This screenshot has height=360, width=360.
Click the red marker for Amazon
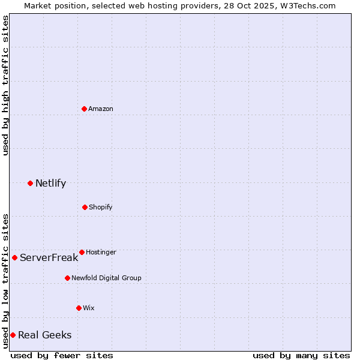(x=84, y=109)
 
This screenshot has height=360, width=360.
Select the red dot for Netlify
(x=30, y=183)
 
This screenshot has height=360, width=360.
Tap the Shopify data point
(x=85, y=207)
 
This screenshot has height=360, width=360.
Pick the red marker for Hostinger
(x=82, y=252)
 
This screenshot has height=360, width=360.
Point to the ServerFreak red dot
(x=14, y=257)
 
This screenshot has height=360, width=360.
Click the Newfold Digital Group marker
(x=67, y=278)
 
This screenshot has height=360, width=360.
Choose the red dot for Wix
(x=79, y=308)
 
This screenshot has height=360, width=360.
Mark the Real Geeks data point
(x=13, y=335)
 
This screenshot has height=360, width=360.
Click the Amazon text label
(x=101, y=109)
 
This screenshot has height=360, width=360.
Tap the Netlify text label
(x=50, y=183)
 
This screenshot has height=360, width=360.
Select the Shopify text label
(x=101, y=207)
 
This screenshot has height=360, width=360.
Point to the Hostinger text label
(x=101, y=252)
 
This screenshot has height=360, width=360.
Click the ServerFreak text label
(x=49, y=257)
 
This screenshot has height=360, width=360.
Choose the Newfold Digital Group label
(x=106, y=278)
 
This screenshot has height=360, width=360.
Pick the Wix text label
(x=89, y=308)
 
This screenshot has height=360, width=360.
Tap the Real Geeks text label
(x=44, y=335)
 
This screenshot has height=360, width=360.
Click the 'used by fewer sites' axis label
(x=62, y=355)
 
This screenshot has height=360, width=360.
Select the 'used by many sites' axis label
(x=301, y=355)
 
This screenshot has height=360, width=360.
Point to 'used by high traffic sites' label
(x=5, y=85)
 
